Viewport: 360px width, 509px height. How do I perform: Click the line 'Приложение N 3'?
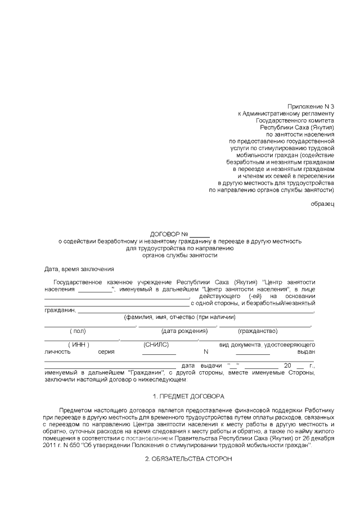point(310,106)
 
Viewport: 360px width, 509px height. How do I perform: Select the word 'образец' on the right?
point(322,203)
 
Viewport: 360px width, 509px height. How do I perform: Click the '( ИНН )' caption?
point(79,344)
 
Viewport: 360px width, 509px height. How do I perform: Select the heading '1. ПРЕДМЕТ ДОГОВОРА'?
point(188,396)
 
